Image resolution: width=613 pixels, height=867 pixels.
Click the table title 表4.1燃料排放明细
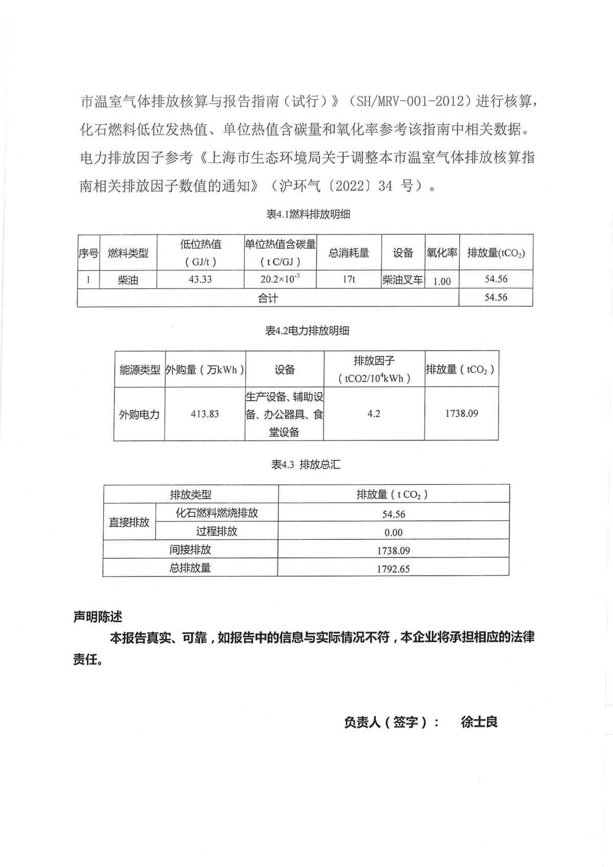point(308,215)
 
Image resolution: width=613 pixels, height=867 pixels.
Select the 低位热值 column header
point(200,244)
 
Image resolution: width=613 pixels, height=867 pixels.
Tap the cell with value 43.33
point(200,280)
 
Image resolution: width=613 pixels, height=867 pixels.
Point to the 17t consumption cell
point(349,280)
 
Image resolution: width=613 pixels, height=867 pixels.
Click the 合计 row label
point(268,298)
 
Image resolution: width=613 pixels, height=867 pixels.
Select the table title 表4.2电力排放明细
point(307,331)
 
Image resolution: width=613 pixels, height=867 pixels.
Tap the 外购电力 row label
point(139,415)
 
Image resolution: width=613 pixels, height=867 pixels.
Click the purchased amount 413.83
point(205,414)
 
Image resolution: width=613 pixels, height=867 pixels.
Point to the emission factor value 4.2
point(374,414)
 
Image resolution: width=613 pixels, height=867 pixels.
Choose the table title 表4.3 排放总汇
point(305,465)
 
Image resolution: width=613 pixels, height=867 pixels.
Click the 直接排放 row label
point(129,522)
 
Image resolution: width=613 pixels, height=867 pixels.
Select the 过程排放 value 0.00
point(393,533)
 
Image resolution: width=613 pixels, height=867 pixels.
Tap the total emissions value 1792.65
point(393,569)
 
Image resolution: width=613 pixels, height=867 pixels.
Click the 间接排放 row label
point(190,550)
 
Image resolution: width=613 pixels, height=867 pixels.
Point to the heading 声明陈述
point(98,617)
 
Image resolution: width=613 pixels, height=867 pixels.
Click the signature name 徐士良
point(479,722)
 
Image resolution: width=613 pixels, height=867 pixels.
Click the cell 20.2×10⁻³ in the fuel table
point(280,280)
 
